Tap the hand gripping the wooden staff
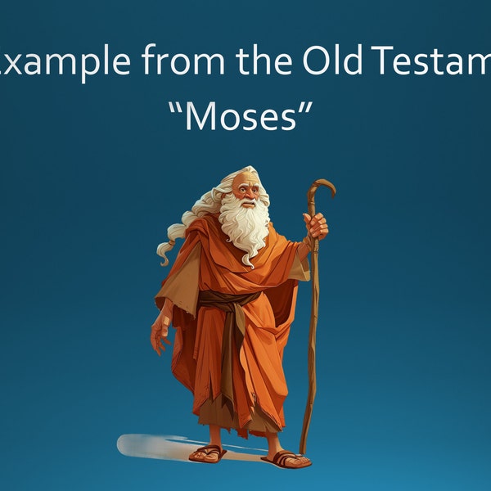pos(316,224)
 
